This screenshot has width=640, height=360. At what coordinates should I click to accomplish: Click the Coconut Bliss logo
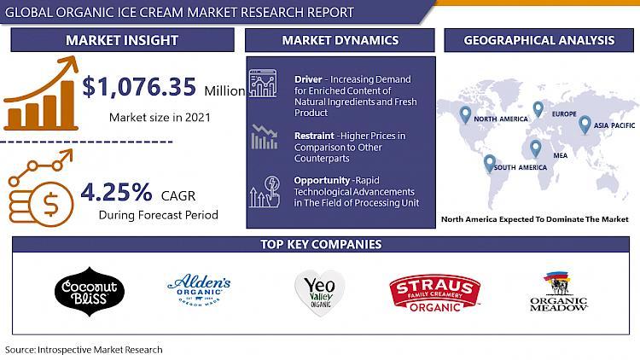[90, 292]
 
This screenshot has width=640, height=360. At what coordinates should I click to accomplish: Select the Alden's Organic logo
[199, 290]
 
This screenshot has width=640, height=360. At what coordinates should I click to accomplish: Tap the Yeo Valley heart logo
[320, 293]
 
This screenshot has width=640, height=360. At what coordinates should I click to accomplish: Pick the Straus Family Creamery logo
[434, 293]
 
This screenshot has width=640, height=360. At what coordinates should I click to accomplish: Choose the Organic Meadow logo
[559, 291]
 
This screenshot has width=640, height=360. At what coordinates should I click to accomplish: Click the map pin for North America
[465, 115]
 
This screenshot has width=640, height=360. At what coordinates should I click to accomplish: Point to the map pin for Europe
[538, 109]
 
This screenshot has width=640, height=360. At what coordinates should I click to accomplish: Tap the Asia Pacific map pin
[585, 125]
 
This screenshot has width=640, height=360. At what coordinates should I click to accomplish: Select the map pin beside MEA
[536, 148]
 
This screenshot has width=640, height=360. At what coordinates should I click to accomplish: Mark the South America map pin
[490, 164]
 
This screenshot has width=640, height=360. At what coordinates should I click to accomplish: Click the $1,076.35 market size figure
[139, 87]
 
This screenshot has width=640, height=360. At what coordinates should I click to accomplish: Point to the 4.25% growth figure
[116, 192]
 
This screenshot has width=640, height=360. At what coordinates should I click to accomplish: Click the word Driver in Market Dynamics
[308, 79]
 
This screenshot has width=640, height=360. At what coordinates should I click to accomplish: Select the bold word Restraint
[314, 136]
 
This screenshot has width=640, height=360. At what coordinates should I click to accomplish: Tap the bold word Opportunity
[322, 180]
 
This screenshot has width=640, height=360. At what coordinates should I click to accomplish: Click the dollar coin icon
[50, 204]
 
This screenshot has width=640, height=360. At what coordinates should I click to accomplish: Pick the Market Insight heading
[122, 40]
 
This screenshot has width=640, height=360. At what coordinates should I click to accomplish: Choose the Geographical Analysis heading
[538, 40]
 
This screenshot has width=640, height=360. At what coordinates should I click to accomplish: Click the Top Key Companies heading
[321, 244]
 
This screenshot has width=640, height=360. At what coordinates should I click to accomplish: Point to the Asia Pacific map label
[614, 125]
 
